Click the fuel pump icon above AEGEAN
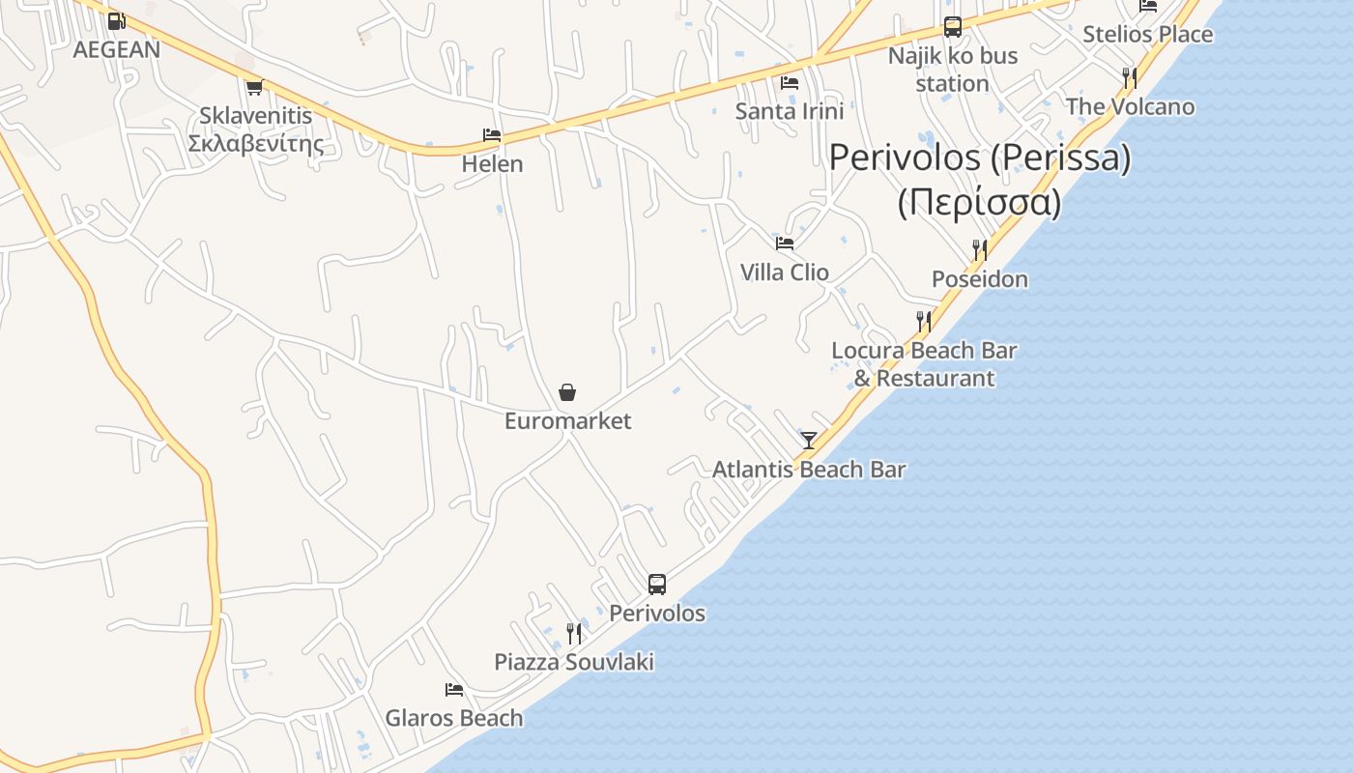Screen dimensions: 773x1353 [116, 20]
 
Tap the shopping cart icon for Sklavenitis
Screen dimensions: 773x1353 [254, 88]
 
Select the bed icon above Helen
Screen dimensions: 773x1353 [492, 135]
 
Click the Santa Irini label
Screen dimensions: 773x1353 [790, 111]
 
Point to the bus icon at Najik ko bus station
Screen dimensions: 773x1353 [953, 27]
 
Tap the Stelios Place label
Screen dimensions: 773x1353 [1147, 35]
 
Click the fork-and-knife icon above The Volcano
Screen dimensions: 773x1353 [1129, 77]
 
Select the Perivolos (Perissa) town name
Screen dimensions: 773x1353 [980, 157]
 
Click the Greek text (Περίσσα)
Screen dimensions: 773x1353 [980, 203]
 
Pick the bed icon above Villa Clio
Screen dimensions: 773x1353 [785, 243]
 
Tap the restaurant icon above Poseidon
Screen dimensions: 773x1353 [980, 250]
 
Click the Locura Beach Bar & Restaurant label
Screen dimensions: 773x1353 [924, 364]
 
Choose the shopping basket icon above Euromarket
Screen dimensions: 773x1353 [567, 392]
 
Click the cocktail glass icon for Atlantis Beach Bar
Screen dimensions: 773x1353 [809, 441]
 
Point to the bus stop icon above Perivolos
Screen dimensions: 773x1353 [657, 585]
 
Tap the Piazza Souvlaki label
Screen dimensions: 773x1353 [574, 662]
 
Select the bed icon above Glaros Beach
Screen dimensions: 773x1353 [454, 690]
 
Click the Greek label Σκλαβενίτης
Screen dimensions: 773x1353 [256, 144]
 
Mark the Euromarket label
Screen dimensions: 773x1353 [567, 421]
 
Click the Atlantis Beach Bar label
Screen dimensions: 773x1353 [809, 470]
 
